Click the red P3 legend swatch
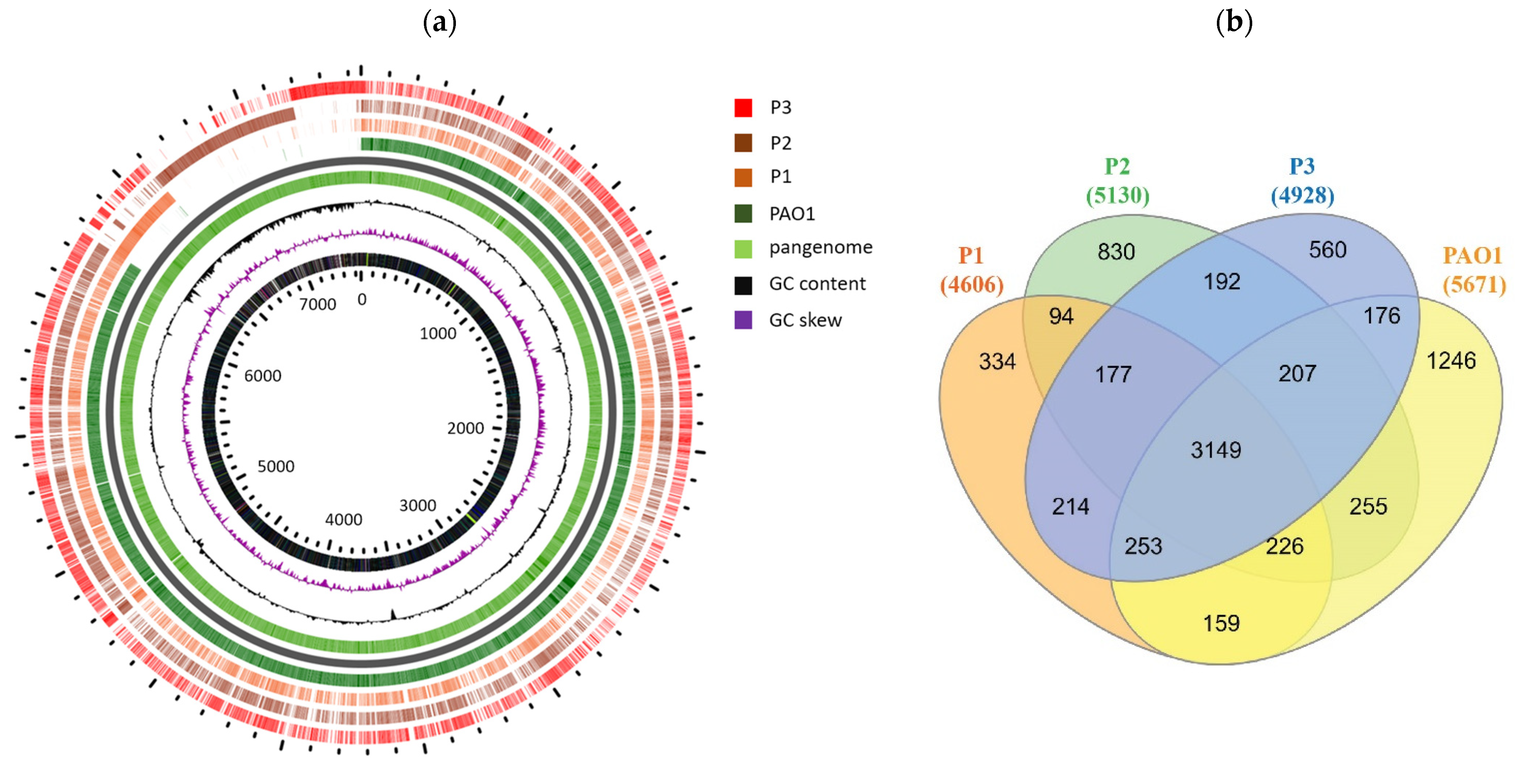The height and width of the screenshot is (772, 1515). (743, 108)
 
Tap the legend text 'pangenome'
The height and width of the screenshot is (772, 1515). (820, 248)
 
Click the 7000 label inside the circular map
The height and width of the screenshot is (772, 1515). (317, 304)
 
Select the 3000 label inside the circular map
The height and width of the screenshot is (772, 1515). (418, 505)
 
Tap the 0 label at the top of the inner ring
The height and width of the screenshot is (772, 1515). (362, 299)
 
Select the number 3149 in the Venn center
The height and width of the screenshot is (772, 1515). (1216, 450)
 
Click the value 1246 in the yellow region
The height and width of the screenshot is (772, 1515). (1451, 361)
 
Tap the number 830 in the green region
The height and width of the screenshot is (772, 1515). (1116, 252)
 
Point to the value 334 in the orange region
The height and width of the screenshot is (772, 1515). (997, 361)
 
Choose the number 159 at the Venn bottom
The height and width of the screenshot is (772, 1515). (1221, 623)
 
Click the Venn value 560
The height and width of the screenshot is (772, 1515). (1327, 250)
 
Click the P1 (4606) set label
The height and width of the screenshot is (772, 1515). (971, 270)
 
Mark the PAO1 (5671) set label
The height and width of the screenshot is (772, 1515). (1473, 270)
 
